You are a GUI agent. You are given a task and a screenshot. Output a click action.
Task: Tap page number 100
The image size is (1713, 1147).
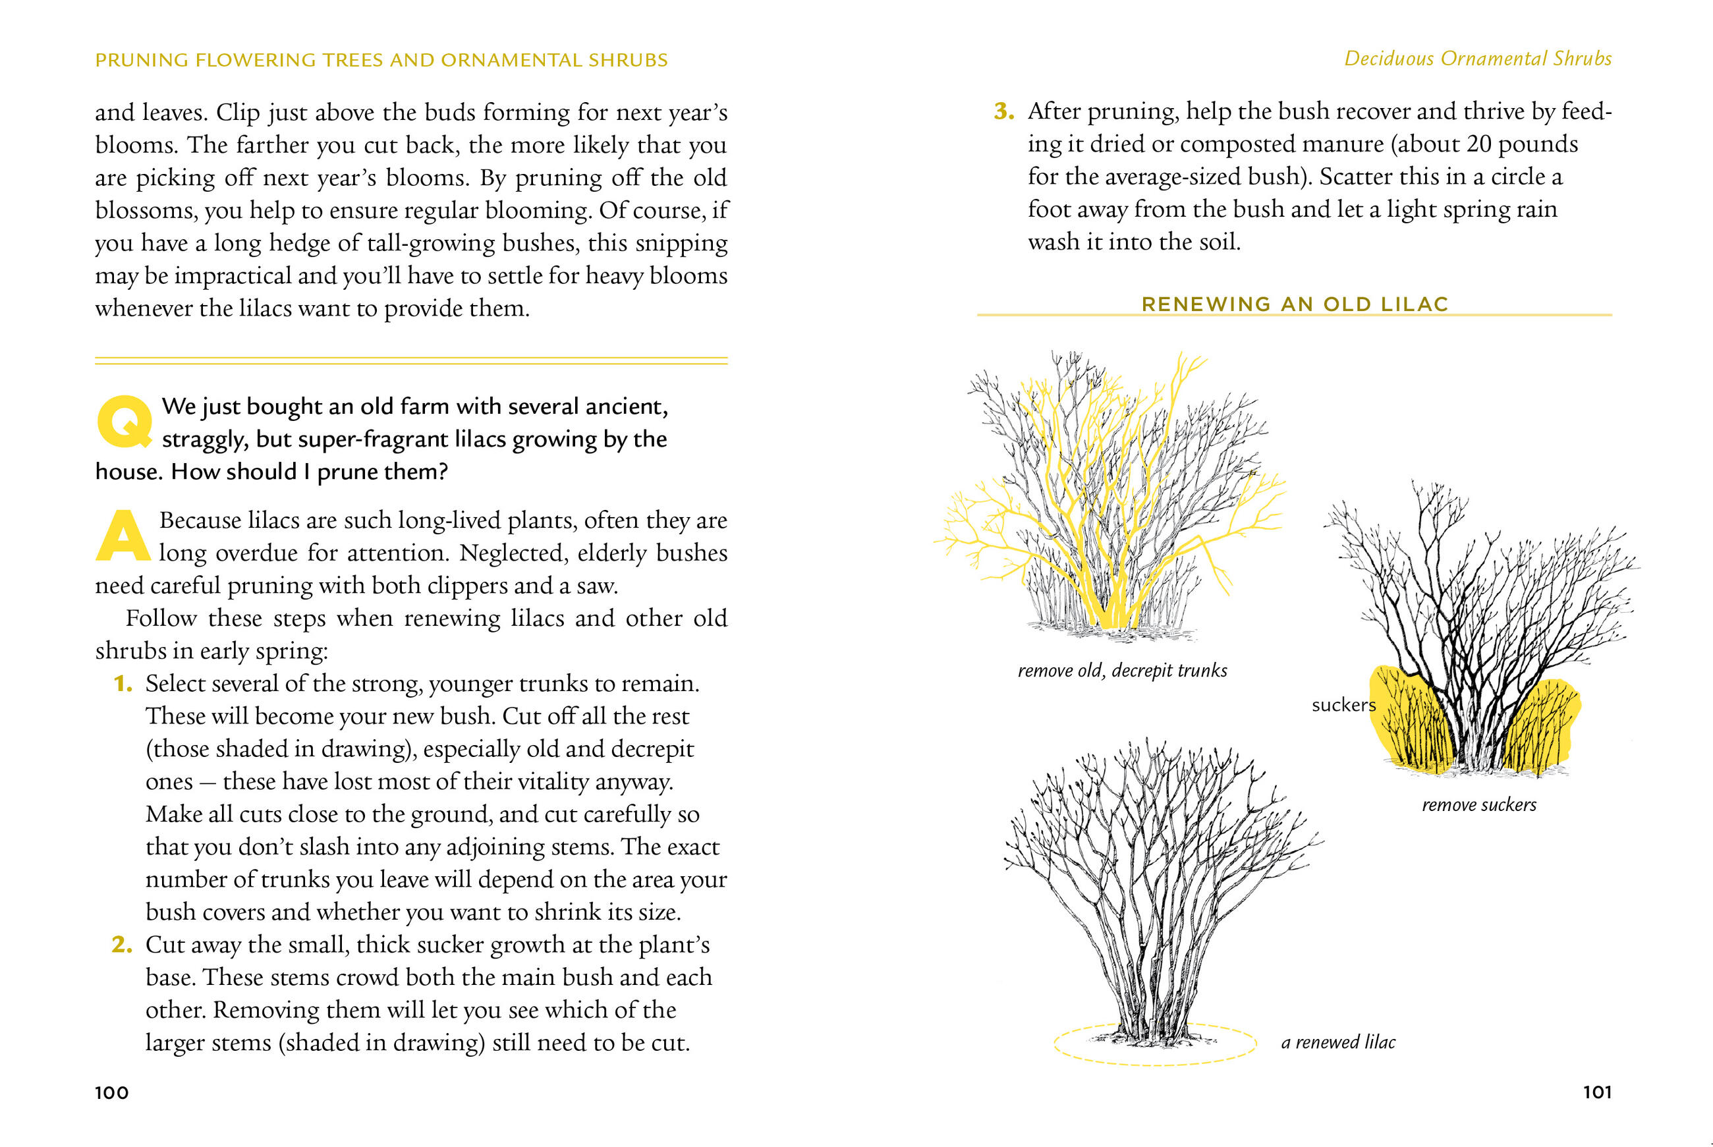pos(112,1093)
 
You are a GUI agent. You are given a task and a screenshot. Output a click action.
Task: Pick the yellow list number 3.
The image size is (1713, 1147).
pos(1003,111)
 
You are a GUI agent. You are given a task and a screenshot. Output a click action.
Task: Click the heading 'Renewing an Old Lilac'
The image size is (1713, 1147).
pos(1295,304)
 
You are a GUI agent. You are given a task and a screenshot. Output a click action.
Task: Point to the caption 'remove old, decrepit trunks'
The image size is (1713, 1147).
pos(1122,671)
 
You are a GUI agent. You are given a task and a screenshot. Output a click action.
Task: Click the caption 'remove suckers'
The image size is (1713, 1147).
pos(1479,805)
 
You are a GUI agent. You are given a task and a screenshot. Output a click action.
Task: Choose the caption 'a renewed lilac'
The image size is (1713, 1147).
pos(1337,1042)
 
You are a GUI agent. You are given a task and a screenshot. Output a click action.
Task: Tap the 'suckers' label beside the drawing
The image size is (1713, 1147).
pos(1343,705)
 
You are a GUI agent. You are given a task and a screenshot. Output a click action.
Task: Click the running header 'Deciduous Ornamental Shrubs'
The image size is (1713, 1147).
pos(1478,59)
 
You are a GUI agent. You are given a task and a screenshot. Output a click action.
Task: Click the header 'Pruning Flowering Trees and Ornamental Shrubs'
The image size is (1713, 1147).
pos(381,60)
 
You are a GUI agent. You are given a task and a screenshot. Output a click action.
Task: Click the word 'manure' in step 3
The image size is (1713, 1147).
pos(1343,144)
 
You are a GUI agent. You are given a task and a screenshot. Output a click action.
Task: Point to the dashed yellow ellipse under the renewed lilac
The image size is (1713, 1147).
pos(1156,1063)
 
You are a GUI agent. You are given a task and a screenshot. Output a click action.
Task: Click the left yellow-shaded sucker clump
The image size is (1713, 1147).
pos(1408,724)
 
